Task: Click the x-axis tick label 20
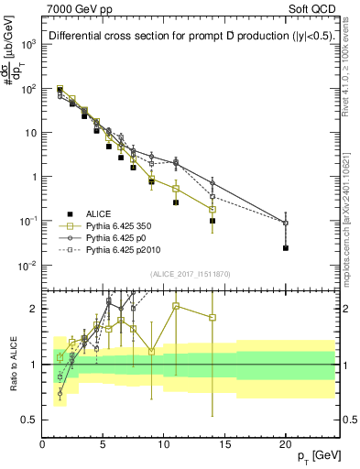point(285,445)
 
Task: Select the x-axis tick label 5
point(103,445)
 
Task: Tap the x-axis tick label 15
point(224,445)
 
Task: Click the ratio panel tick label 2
point(34,308)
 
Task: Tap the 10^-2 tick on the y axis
point(28,266)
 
